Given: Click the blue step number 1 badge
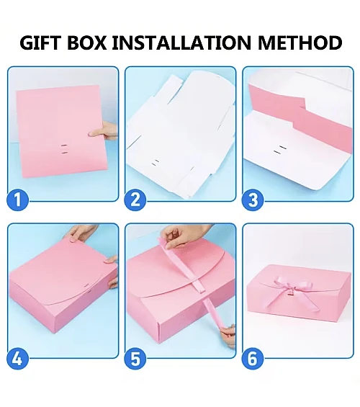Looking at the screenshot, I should (19, 200).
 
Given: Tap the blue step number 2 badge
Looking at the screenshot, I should (135, 200).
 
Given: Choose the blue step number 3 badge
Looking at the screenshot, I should (253, 200).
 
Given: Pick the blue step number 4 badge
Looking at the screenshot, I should (19, 357).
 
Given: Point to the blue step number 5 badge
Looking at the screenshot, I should (135, 357).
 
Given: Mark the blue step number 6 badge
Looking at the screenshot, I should (253, 357).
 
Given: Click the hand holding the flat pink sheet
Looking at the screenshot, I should (108, 131).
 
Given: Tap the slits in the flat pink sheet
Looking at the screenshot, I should (63, 148).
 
